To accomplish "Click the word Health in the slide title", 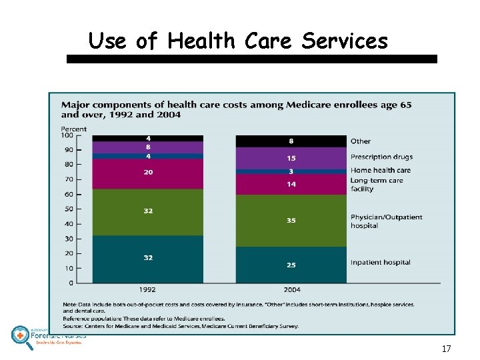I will [201, 41].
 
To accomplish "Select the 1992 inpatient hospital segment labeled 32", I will [147, 259].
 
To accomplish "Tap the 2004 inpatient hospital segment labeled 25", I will [291, 265].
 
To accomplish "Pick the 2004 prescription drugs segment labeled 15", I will [291, 158].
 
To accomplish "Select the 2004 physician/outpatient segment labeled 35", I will [291, 220].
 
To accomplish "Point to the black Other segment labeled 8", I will [291, 141].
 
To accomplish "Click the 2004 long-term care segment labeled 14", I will [291, 184].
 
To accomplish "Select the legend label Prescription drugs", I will [381, 157].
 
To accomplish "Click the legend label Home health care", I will [380, 170].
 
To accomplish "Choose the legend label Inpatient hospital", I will [380, 263].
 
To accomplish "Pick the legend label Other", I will [361, 141].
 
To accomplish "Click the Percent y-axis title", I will [73, 129].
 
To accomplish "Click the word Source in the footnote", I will [72, 326].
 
